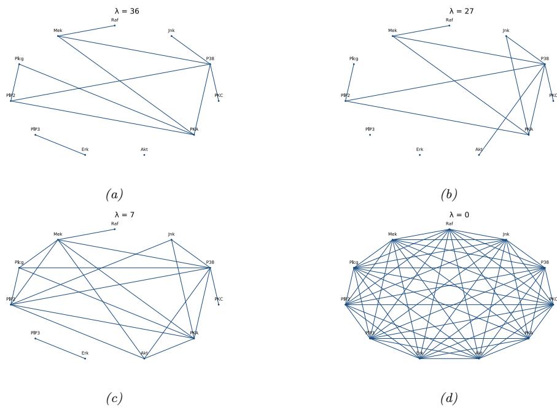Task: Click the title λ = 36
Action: [114, 10]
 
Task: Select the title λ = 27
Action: [449, 10]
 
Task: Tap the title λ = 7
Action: [114, 214]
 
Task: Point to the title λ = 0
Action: [449, 214]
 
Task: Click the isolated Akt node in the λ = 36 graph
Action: [144, 155]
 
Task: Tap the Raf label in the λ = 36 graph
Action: [114, 20]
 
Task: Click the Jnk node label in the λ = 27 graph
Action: [506, 30]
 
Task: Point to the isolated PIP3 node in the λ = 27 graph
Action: [370, 134]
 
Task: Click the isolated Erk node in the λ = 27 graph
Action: [419, 155]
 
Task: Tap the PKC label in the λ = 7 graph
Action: [219, 299]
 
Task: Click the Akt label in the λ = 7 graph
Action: [144, 353]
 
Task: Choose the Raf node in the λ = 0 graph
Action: [449, 230]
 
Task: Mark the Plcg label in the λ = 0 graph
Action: [354, 262]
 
